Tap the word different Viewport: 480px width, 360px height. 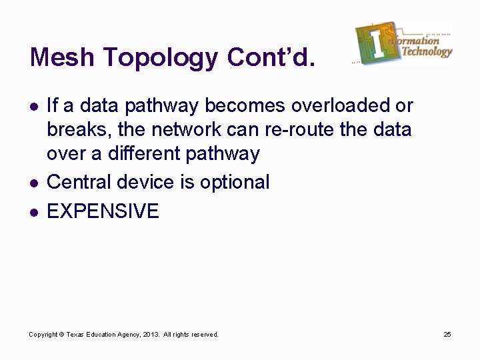click(x=139, y=153)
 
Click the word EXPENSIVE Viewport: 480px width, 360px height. click(x=103, y=211)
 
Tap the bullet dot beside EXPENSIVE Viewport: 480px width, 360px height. click(x=33, y=212)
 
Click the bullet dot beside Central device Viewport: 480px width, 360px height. click(x=33, y=183)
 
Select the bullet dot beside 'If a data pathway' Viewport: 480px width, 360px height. click(x=33, y=106)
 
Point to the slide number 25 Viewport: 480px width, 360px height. click(x=447, y=334)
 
